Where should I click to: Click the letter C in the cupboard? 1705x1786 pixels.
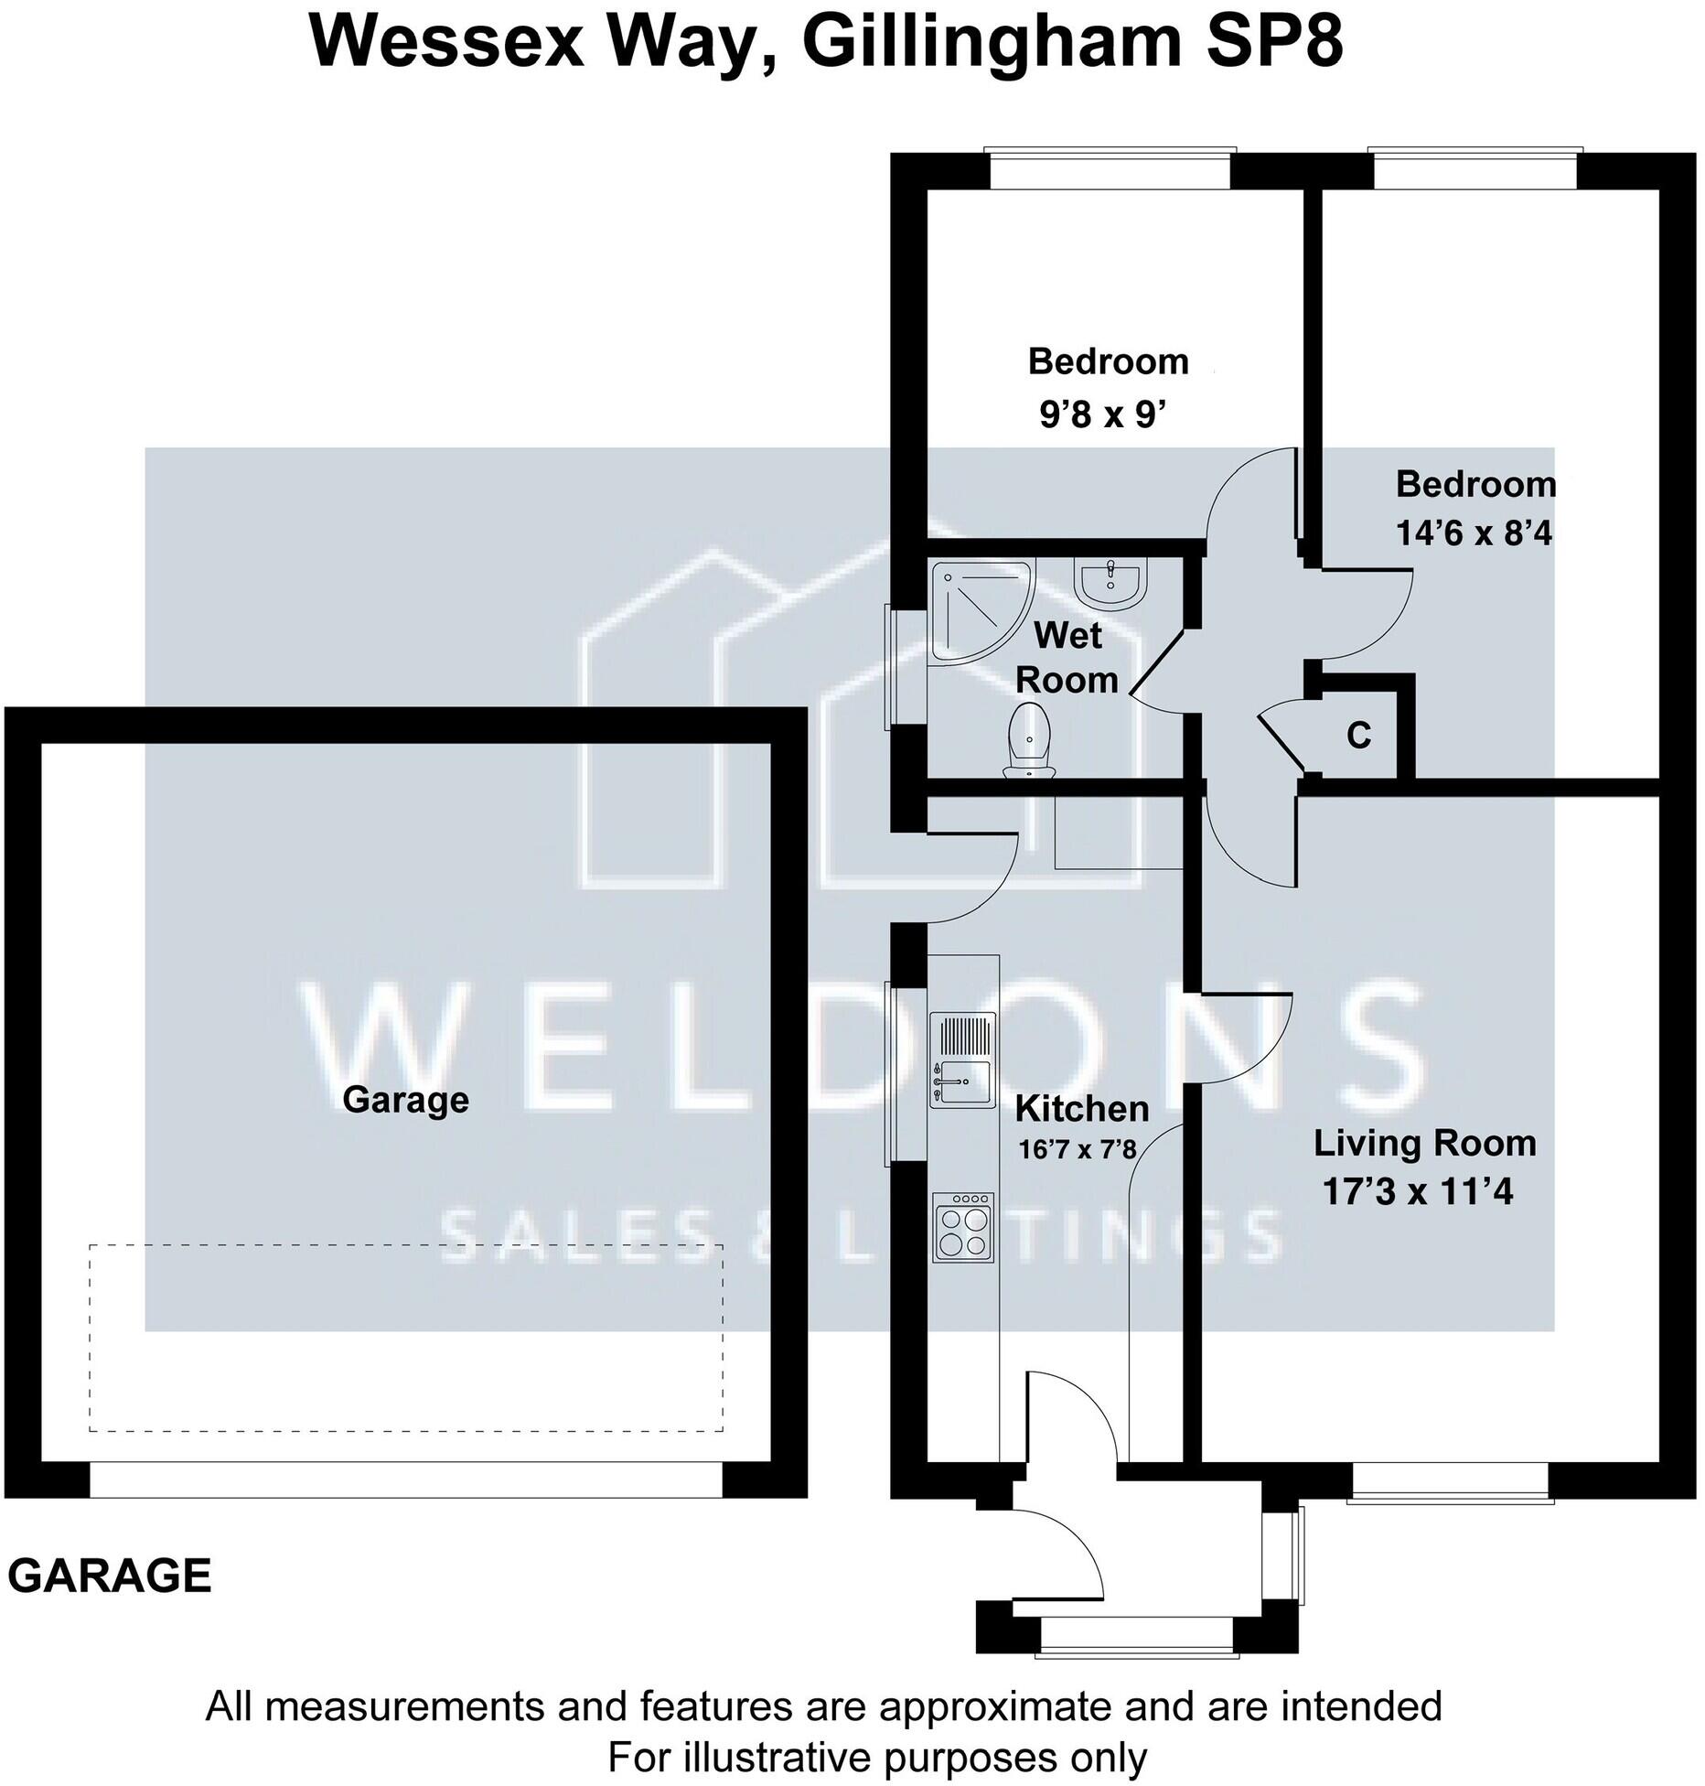[x=1358, y=735]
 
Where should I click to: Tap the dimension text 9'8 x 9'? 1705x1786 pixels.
[x=1103, y=415]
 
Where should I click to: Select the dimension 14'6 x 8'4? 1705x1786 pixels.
[x=1474, y=533]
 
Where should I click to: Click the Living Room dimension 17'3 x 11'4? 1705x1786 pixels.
[x=1418, y=1191]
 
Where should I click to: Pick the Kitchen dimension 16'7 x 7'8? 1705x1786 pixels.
[x=1077, y=1148]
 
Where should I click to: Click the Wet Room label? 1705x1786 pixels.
[x=1067, y=657]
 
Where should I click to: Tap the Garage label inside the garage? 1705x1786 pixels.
[x=405, y=1099]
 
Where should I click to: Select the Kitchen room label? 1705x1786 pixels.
[x=1081, y=1109]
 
